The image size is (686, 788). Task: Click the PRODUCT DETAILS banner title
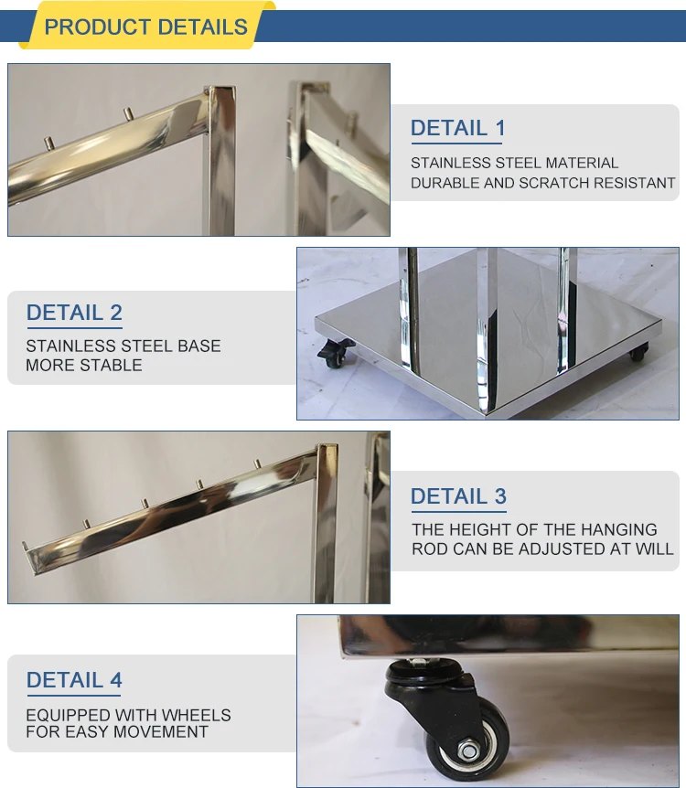point(145,27)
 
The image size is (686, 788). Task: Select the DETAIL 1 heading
point(457,128)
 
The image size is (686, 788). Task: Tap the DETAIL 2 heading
point(74,313)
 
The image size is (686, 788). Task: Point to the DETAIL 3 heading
point(457,496)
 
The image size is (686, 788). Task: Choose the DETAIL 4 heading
point(74,680)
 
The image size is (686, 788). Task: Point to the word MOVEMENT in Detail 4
point(164,732)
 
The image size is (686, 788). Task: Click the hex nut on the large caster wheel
point(469,751)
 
